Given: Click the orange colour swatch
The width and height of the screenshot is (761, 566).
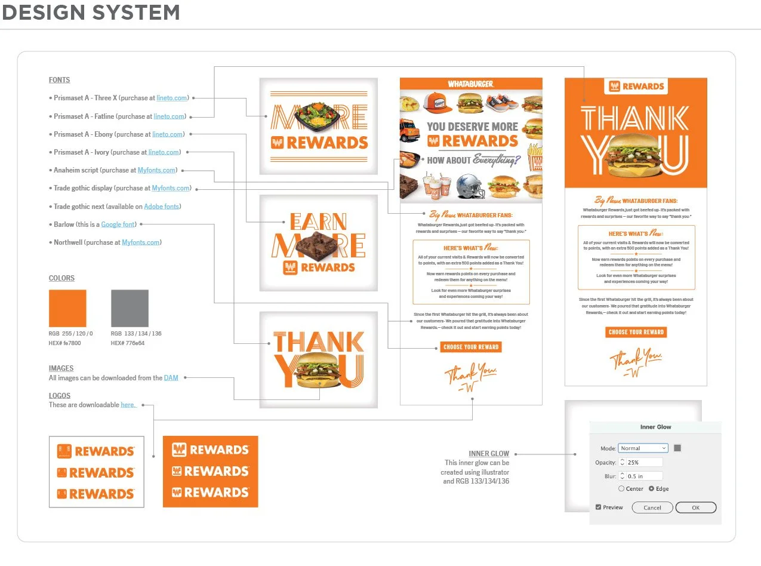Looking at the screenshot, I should pyautogui.click(x=67, y=308).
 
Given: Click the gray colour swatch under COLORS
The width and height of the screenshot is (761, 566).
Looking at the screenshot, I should pyautogui.click(x=130, y=308).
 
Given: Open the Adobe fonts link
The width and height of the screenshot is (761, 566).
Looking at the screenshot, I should pyautogui.click(x=162, y=207).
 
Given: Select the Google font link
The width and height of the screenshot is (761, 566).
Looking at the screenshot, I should pyautogui.click(x=118, y=224).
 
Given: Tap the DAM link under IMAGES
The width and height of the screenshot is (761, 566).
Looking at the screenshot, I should pyautogui.click(x=171, y=378).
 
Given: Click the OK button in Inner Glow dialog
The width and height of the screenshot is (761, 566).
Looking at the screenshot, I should pyautogui.click(x=695, y=507).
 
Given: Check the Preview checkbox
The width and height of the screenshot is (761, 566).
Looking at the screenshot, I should pyautogui.click(x=599, y=507).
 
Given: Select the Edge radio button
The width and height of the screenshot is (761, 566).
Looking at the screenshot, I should pyautogui.click(x=651, y=489).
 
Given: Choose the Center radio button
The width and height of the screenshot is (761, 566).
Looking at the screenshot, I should pyautogui.click(x=621, y=489).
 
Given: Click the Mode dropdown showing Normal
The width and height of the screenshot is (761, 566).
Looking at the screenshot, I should pyautogui.click(x=643, y=448).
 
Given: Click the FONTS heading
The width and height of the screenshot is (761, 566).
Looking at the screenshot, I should pyautogui.click(x=59, y=80).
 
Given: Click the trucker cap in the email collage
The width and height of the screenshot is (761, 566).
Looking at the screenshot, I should pyautogui.click(x=438, y=102).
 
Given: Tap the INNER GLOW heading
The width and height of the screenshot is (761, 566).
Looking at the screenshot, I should pyautogui.click(x=489, y=454).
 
